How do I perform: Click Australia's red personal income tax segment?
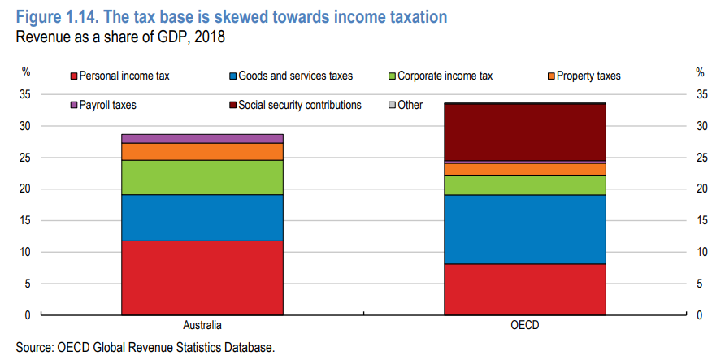pyautogui.click(x=202, y=277)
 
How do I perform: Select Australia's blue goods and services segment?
pyautogui.click(x=202, y=217)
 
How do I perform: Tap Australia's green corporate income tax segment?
pyautogui.click(x=202, y=177)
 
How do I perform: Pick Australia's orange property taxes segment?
pyautogui.click(x=202, y=151)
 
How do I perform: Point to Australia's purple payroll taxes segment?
pyautogui.click(x=202, y=138)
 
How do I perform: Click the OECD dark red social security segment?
pyautogui.click(x=525, y=132)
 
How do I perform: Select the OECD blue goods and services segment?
pyautogui.click(x=525, y=229)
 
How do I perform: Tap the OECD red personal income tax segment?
pyautogui.click(x=525, y=289)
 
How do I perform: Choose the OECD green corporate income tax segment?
pyautogui.click(x=525, y=184)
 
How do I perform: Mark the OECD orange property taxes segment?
pyautogui.click(x=525, y=169)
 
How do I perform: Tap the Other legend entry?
pyautogui.click(x=410, y=105)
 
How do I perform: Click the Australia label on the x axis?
pyautogui.click(x=202, y=326)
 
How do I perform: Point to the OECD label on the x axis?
pyautogui.click(x=525, y=326)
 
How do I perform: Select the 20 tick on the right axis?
pyautogui.click(x=702, y=189)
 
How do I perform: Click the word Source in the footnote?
pyautogui.click(x=33, y=348)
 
